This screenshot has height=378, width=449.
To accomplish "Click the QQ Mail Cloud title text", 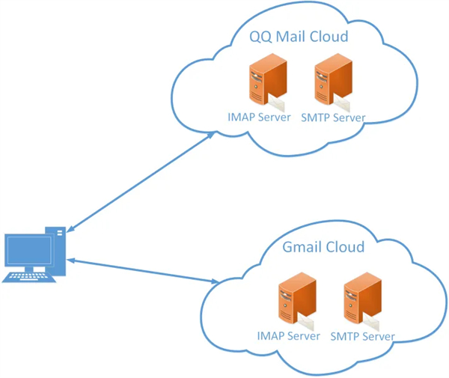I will coord(299,37).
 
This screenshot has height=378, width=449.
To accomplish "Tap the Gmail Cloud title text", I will coord(324,247).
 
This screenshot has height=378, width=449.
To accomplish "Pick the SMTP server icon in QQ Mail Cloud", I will coord(332,84).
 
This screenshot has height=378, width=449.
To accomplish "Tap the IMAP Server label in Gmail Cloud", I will coord(288,336).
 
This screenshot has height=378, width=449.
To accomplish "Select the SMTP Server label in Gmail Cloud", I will coord(362,336).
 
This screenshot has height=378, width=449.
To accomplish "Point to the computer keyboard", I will coord(30,276).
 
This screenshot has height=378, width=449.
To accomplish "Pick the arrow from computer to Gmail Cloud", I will coord(142,270).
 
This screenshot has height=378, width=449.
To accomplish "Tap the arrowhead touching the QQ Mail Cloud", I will coord(211,135).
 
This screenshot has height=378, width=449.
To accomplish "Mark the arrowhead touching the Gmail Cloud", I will coord(214,282).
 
